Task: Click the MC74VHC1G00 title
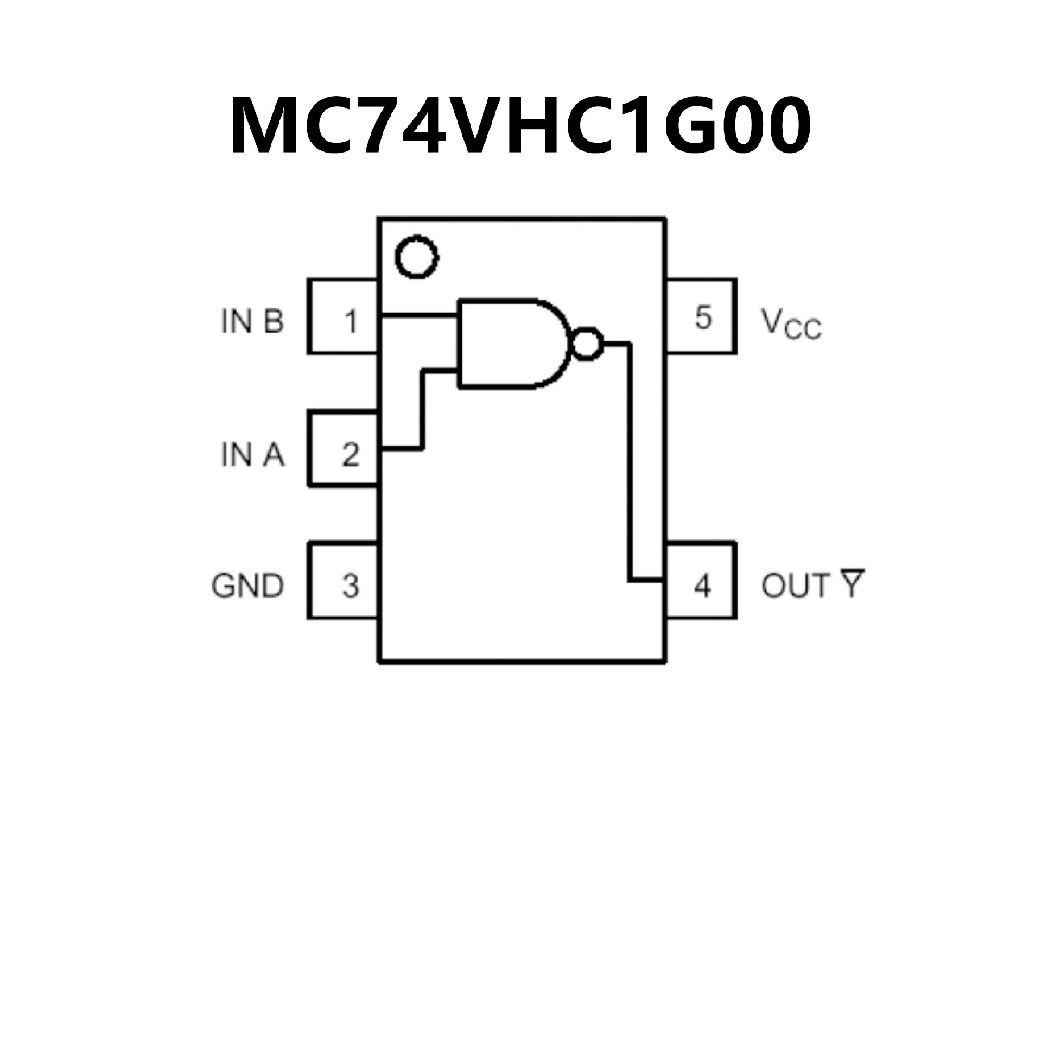[520, 126]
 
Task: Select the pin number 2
[351, 455]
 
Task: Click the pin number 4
[702, 586]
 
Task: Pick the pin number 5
[703, 317]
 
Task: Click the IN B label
[252, 321]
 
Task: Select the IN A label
[252, 455]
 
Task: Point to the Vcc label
[792, 324]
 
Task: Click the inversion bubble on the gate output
[587, 344]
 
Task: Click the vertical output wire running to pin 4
[630, 462]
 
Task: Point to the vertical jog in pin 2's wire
[423, 410]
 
